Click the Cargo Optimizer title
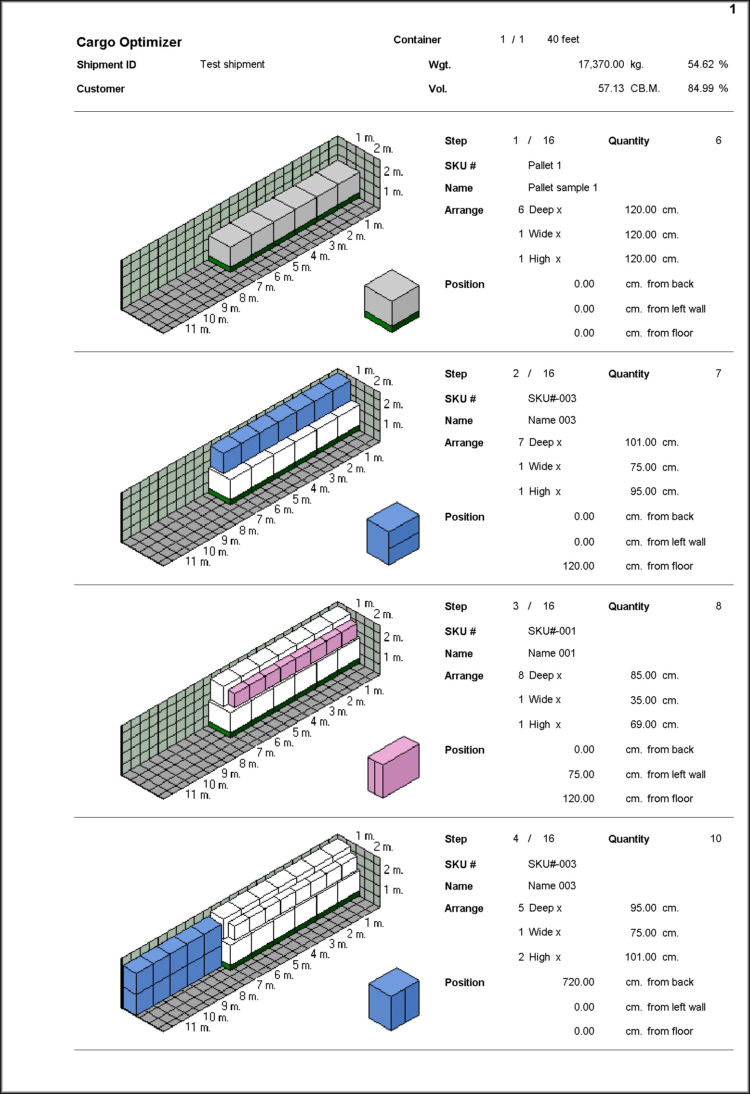(129, 42)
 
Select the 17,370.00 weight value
(601, 65)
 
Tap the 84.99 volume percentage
(700, 89)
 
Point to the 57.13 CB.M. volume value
(629, 89)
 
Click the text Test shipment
(232, 65)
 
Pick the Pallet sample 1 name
(563, 188)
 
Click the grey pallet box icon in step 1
(392, 300)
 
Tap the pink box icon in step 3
(393, 767)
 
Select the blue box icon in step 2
(393, 534)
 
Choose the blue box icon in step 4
(394, 999)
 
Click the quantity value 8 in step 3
(718, 606)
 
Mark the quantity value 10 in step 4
(715, 839)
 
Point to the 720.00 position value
(578, 982)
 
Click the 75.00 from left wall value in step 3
(581, 775)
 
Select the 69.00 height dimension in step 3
(643, 725)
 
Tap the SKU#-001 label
(552, 631)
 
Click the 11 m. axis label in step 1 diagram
(198, 329)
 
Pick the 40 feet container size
(563, 39)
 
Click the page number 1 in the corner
(733, 10)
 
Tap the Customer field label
(101, 89)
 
